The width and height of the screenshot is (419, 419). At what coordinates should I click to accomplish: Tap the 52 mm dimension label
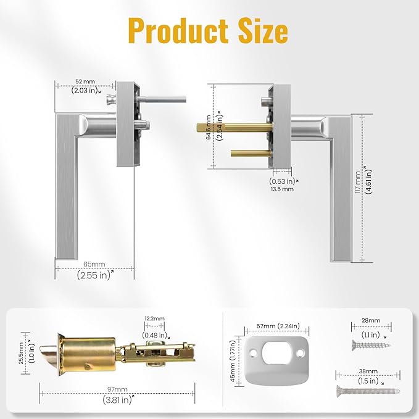(x=85, y=81)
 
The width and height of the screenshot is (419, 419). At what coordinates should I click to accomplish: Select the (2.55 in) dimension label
(x=94, y=276)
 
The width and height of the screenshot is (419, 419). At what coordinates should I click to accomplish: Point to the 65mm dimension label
(x=94, y=264)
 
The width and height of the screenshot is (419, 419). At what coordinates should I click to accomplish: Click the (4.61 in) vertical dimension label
(x=368, y=180)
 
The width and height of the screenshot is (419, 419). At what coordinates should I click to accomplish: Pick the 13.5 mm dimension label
(x=282, y=189)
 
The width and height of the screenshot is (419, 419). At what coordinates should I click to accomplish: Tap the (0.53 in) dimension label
(x=282, y=181)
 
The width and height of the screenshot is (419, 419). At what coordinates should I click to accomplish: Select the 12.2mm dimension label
(x=155, y=318)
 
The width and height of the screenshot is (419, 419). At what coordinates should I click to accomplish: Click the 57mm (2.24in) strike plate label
(x=272, y=326)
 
